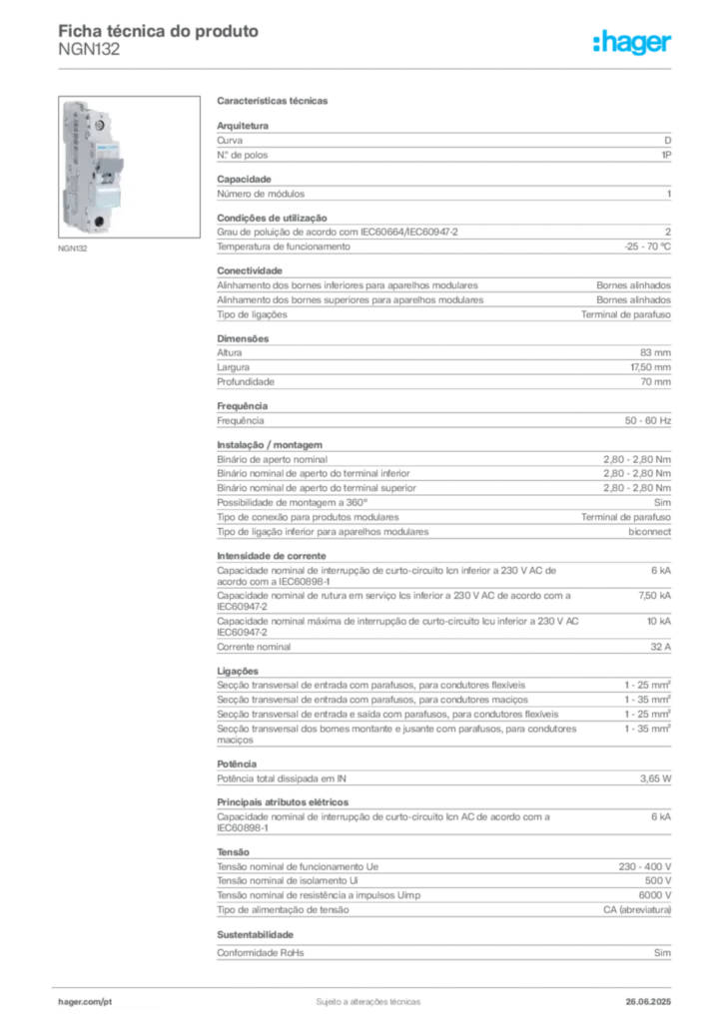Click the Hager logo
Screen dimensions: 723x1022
[x=632, y=43]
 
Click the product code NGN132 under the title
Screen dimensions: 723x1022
[x=89, y=50]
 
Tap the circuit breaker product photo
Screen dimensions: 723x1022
[x=129, y=167]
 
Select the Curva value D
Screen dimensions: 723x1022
[x=668, y=140]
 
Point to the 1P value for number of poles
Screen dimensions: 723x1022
[x=666, y=155]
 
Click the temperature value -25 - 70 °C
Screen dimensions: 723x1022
[x=647, y=247]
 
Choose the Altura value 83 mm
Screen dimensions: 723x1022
[x=655, y=352]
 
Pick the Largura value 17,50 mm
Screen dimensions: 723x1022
[x=651, y=367]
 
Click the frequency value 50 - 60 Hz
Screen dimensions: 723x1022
[x=648, y=420]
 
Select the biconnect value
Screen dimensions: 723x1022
[x=649, y=532]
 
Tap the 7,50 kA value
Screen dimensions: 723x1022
[x=654, y=595]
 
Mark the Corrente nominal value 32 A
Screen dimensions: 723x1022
[x=660, y=647]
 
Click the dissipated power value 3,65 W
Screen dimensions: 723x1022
[x=655, y=778]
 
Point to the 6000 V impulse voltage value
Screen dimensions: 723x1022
[x=654, y=895]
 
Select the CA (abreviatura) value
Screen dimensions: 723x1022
[x=637, y=909]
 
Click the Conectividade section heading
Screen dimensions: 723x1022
[x=250, y=270]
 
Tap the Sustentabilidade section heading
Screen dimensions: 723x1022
[x=255, y=934]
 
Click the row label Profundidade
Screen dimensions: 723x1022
[x=245, y=382]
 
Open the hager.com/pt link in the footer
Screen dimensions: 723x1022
[x=85, y=1002]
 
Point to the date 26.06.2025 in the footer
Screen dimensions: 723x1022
[x=648, y=1002]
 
